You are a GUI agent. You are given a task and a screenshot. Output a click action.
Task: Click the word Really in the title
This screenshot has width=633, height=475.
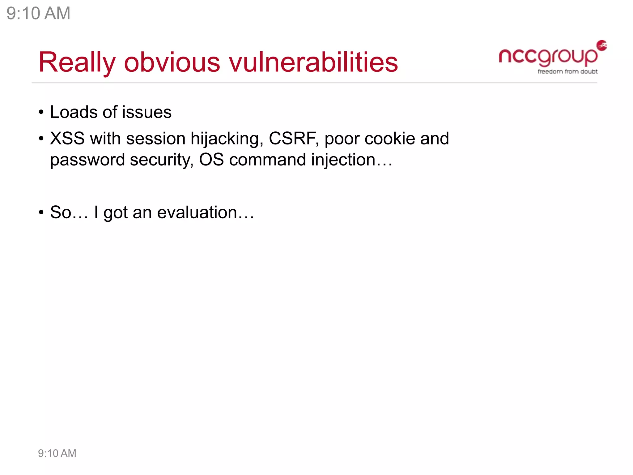tap(77, 62)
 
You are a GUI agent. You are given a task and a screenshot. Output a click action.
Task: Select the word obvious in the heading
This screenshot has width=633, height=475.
tap(172, 62)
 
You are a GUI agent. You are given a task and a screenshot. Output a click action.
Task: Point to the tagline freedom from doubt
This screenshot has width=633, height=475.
tap(567, 71)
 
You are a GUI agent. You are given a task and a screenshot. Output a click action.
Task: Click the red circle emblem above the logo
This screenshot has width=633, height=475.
tap(602, 45)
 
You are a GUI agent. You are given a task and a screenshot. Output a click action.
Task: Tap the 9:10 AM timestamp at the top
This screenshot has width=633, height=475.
tap(38, 13)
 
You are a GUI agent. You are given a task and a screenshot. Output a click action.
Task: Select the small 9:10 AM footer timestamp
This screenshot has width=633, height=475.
tap(57, 453)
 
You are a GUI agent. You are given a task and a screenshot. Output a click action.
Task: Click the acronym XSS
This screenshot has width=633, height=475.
tap(67, 138)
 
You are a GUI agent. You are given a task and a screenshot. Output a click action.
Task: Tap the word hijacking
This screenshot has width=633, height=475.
tap(227, 139)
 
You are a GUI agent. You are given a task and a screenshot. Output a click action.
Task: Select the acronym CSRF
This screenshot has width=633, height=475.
tap(293, 138)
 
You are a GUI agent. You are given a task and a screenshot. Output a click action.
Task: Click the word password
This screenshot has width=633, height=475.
tap(87, 160)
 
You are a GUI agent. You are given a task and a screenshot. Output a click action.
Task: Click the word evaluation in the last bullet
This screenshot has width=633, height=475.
tap(197, 212)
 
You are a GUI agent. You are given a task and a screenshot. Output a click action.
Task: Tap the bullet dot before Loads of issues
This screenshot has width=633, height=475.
tap(41, 113)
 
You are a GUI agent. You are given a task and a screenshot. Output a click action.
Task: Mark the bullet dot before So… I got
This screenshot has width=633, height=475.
tap(41, 213)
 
